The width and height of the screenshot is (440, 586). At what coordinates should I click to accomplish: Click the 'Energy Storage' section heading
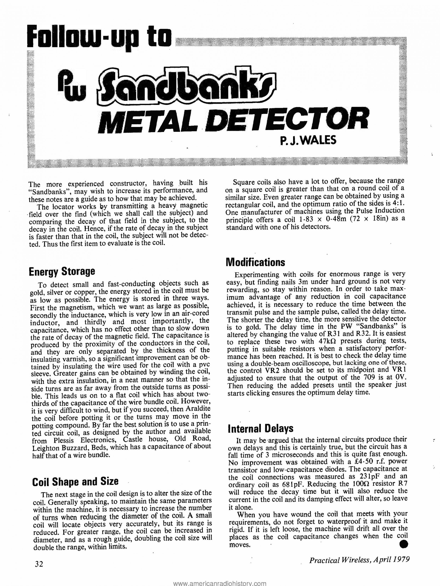pyautogui.click(x=62, y=272)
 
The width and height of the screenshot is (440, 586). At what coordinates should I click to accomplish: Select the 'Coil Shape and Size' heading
pyautogui.click(x=75, y=481)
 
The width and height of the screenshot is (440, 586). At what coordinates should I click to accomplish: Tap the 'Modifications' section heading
pyautogui.click(x=255, y=262)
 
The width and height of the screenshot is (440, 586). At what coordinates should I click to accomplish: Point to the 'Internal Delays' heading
pyautogui.click(x=261, y=428)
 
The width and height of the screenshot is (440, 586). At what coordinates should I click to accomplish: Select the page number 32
pyautogui.click(x=39, y=570)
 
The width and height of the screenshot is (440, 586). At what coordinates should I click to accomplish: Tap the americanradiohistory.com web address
pyautogui.click(x=219, y=583)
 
